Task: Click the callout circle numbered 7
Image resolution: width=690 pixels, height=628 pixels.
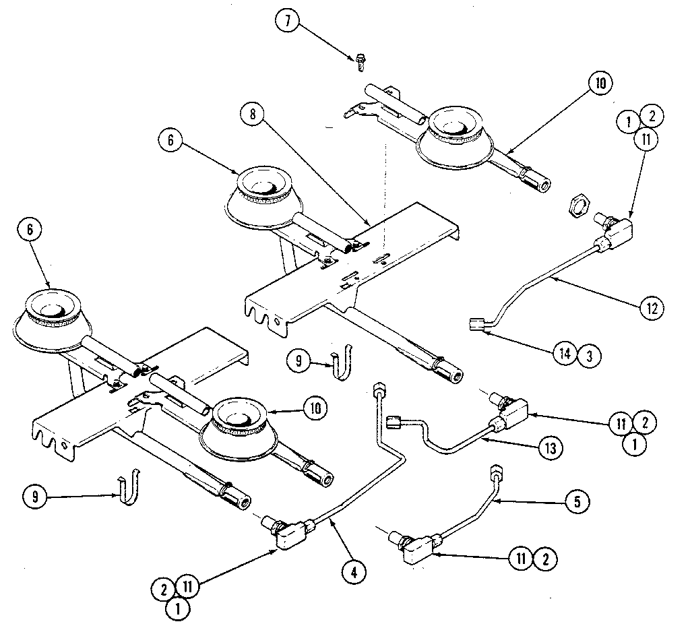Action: [x=287, y=21]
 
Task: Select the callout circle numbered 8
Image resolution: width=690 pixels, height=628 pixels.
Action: [x=252, y=114]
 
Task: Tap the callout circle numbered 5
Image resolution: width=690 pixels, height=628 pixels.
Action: [x=577, y=501]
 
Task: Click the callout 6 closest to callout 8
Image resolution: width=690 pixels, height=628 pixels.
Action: [x=171, y=139]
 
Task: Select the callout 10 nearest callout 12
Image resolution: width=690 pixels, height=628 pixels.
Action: [x=600, y=84]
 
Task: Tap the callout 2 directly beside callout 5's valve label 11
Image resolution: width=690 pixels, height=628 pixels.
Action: [x=546, y=559]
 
